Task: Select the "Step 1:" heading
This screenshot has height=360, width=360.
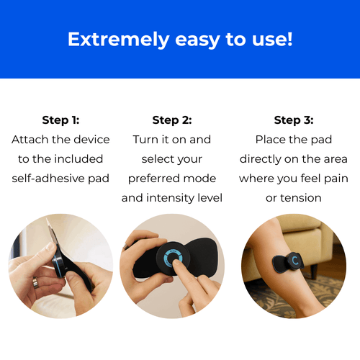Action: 60,120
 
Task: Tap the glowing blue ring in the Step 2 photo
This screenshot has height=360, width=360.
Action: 173,261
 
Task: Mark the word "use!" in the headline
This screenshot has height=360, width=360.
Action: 271,39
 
